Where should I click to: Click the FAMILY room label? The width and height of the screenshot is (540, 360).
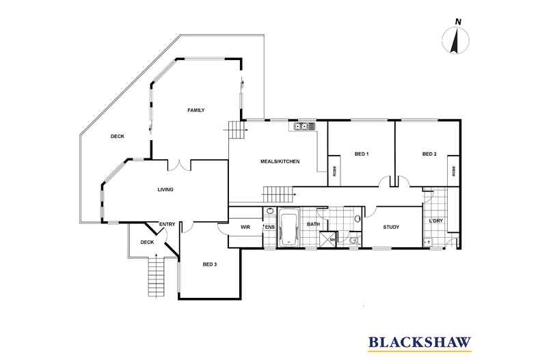tap(196, 110)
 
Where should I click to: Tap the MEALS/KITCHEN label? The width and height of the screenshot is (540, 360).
tap(280, 161)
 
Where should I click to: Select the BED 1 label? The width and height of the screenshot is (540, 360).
tap(362, 154)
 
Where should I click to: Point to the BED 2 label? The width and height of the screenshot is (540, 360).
tap(429, 154)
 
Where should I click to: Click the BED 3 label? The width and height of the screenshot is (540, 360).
tap(210, 264)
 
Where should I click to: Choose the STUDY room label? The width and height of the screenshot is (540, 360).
tap(391, 227)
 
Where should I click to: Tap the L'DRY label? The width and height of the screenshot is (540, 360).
tap(435, 221)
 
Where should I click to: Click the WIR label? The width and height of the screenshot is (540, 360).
tap(245, 227)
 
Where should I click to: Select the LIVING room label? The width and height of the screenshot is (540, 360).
tap(165, 190)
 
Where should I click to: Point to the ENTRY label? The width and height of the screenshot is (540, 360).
tap(167, 224)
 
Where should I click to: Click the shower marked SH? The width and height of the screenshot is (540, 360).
tap(327, 239)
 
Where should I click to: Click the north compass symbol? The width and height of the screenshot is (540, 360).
tap(455, 40)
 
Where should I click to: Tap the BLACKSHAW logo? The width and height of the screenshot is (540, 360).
tap(420, 343)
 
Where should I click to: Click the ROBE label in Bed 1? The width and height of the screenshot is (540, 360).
tap(334, 171)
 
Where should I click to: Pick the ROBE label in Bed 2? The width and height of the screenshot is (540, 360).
tap(454, 171)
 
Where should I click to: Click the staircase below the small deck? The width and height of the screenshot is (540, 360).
tap(157, 277)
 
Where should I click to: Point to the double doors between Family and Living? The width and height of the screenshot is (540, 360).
tap(179, 165)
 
